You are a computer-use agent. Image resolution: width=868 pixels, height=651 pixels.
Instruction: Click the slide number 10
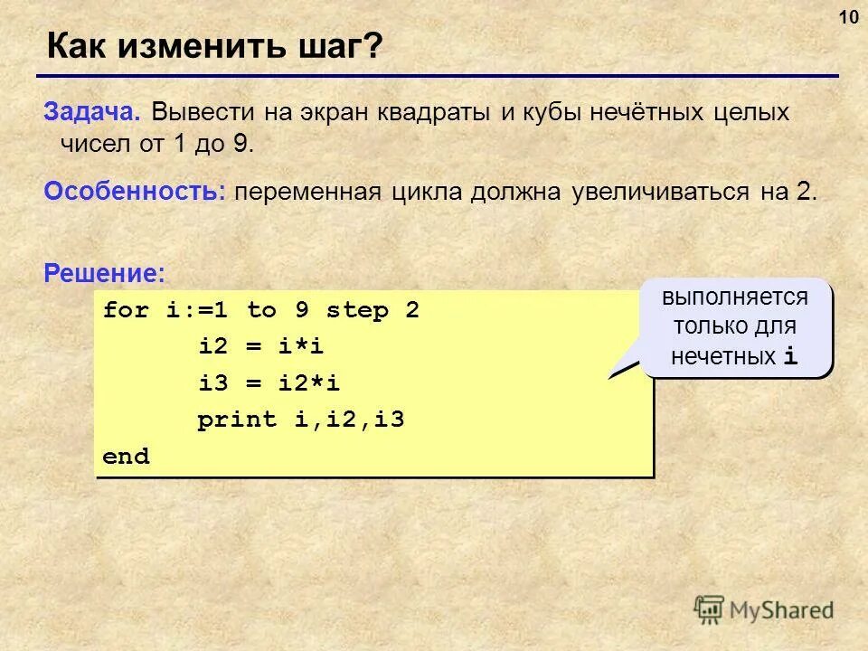tap(848, 18)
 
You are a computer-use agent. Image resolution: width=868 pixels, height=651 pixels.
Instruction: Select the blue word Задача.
tap(91, 113)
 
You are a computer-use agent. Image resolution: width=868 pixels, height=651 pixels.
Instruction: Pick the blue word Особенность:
tap(135, 192)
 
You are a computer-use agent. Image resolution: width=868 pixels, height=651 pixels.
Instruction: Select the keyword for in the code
tap(126, 311)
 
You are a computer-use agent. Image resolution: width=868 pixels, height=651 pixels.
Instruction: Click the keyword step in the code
tap(357, 311)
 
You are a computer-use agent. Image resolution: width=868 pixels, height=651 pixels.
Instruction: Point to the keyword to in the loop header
tap(261, 311)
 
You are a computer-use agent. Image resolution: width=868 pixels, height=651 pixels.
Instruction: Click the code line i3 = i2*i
tap(269, 383)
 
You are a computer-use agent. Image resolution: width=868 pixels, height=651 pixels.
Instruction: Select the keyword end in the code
tap(126, 457)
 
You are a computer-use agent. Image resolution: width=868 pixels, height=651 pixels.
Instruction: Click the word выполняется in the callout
tap(734, 297)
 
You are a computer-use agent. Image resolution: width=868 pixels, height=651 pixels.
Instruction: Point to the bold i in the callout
tap(791, 356)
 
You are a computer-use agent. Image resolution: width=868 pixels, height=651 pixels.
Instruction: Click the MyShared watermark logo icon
tap(709, 609)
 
